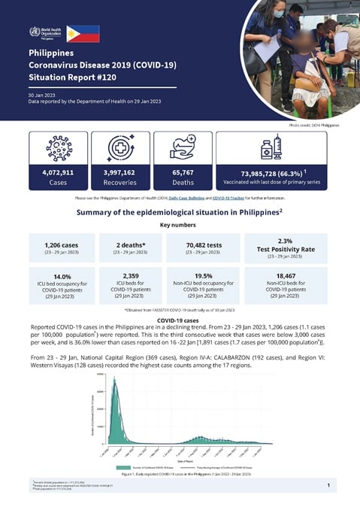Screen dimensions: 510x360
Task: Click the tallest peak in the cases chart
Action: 115,381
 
